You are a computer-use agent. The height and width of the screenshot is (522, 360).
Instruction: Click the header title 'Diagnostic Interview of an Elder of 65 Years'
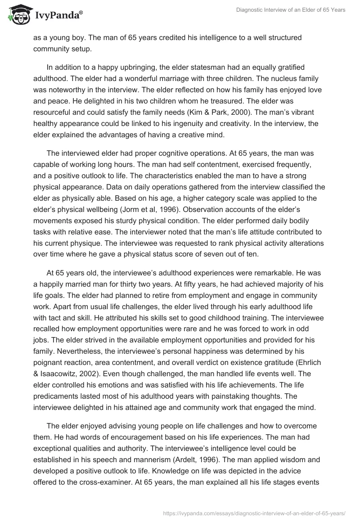[291, 10]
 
